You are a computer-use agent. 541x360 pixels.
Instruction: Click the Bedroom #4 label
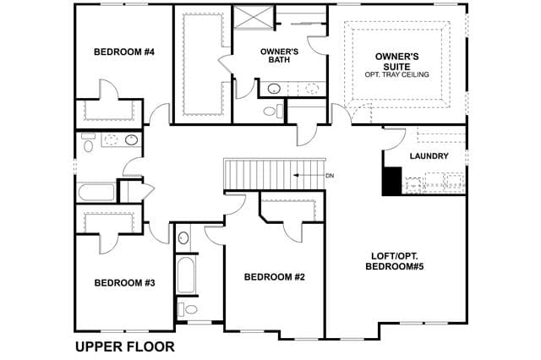tap(124, 52)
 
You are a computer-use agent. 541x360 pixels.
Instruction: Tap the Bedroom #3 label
tap(124, 283)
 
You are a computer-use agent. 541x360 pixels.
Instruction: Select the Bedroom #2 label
tap(274, 277)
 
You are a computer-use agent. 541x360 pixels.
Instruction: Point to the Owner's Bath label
tap(279, 56)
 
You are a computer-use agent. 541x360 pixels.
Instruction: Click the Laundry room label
tap(429, 156)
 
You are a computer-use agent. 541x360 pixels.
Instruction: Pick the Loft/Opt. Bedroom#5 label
tap(395, 261)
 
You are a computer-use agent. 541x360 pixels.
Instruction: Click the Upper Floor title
tap(125, 346)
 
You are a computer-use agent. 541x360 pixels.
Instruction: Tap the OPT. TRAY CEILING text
tap(396, 74)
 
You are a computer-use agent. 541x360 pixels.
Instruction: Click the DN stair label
tap(330, 176)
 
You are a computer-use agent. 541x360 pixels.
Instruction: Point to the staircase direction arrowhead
tap(296, 175)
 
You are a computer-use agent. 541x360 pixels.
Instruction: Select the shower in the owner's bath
tap(254, 18)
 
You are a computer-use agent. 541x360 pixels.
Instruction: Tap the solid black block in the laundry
tap(392, 181)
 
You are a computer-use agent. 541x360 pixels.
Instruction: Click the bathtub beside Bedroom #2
tap(186, 275)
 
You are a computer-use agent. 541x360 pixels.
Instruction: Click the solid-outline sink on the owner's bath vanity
tap(274, 88)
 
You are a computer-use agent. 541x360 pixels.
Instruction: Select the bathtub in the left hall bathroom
tap(96, 192)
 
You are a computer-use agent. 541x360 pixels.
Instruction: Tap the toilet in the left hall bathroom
tap(88, 143)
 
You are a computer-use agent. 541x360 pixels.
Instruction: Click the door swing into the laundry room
tap(395, 139)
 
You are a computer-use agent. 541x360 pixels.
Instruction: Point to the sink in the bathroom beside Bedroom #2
tap(183, 238)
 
